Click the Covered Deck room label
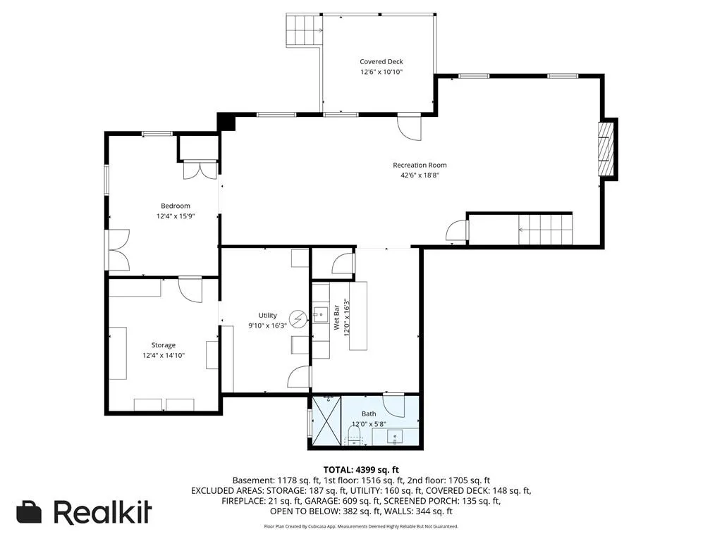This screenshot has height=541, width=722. [x=381, y=62]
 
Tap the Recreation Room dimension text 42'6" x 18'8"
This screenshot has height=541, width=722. [x=420, y=175]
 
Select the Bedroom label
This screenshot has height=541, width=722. [x=176, y=206]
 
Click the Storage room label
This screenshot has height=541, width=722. [x=164, y=345]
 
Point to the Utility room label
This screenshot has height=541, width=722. [x=267, y=315]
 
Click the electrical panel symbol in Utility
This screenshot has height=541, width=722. [x=298, y=319]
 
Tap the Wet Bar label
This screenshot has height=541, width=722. [x=336, y=318]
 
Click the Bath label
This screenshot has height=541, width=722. [x=369, y=414]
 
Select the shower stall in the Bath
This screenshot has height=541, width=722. [x=326, y=421]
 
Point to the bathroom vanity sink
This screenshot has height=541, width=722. [x=395, y=437]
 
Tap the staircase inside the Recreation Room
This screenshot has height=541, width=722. [x=545, y=230]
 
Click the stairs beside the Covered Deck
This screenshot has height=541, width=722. [x=304, y=30]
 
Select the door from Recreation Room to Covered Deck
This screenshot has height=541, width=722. [x=410, y=127]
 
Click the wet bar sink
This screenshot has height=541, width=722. [x=321, y=315]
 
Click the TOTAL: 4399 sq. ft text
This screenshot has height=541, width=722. [x=361, y=470]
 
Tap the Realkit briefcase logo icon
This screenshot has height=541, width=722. [x=29, y=511]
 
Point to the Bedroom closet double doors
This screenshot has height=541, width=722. [x=200, y=170]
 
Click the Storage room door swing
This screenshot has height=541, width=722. [x=190, y=290]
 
